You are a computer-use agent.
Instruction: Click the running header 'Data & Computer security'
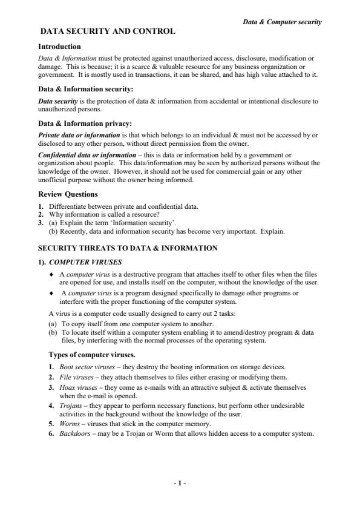(x=282, y=22)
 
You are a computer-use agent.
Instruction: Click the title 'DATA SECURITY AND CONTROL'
(x=107, y=31)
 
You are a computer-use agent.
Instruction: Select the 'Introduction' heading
(x=59, y=47)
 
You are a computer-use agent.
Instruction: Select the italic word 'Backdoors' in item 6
(x=74, y=433)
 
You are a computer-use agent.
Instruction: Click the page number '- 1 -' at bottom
(x=180, y=483)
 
